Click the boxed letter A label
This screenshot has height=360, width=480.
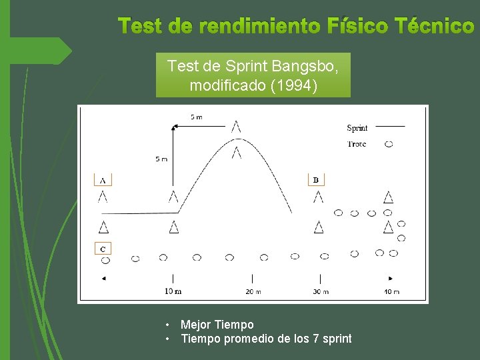[103, 179]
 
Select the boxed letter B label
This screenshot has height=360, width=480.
[317, 179]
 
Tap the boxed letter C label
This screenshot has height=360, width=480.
[103, 249]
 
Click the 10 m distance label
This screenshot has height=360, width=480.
[173, 291]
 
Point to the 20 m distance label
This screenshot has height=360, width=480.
[252, 291]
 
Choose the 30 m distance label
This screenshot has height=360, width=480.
[321, 291]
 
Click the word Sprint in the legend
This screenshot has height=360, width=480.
[357, 128]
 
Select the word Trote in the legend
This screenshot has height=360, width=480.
[357, 144]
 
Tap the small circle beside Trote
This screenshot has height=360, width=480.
[389, 144]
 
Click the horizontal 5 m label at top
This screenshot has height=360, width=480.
[197, 117]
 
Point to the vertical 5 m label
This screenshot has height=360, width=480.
[161, 159]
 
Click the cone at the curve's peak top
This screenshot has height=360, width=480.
[237, 126]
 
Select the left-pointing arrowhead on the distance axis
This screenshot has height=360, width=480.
[104, 278]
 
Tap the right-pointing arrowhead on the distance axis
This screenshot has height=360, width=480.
[391, 278]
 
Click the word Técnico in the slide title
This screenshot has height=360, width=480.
[434, 26]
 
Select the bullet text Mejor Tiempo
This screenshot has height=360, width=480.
[217, 325]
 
